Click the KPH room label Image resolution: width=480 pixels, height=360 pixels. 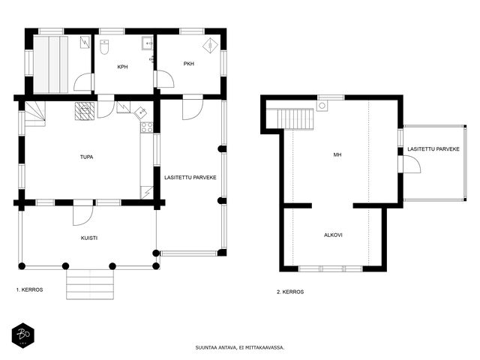coord(122,67)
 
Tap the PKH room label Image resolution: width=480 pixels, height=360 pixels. coord(189,64)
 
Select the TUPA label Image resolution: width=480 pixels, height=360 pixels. coord(87,157)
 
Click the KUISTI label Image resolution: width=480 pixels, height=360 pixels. coord(89,238)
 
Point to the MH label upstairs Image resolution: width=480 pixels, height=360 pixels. coord(337,155)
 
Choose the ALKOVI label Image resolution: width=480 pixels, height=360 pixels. coord(333,235)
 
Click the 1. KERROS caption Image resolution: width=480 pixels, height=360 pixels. coord(30,289)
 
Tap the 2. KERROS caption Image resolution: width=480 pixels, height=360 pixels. coord(290,292)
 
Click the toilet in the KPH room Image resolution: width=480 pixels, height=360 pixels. coord(104,46)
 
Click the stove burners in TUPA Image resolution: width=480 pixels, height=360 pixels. coord(147,127)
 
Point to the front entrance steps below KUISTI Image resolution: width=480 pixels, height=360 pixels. coord(90,284)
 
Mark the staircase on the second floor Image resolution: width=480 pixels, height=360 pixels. coord(295,119)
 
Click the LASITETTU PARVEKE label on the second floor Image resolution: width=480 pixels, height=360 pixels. coord(433,149)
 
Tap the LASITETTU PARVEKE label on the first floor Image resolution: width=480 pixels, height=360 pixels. coord(190,178)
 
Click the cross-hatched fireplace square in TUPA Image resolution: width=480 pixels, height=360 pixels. coord(85,111)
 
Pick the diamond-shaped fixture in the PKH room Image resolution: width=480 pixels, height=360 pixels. coord(210,45)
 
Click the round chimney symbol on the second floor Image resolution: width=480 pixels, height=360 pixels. coord(322,106)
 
